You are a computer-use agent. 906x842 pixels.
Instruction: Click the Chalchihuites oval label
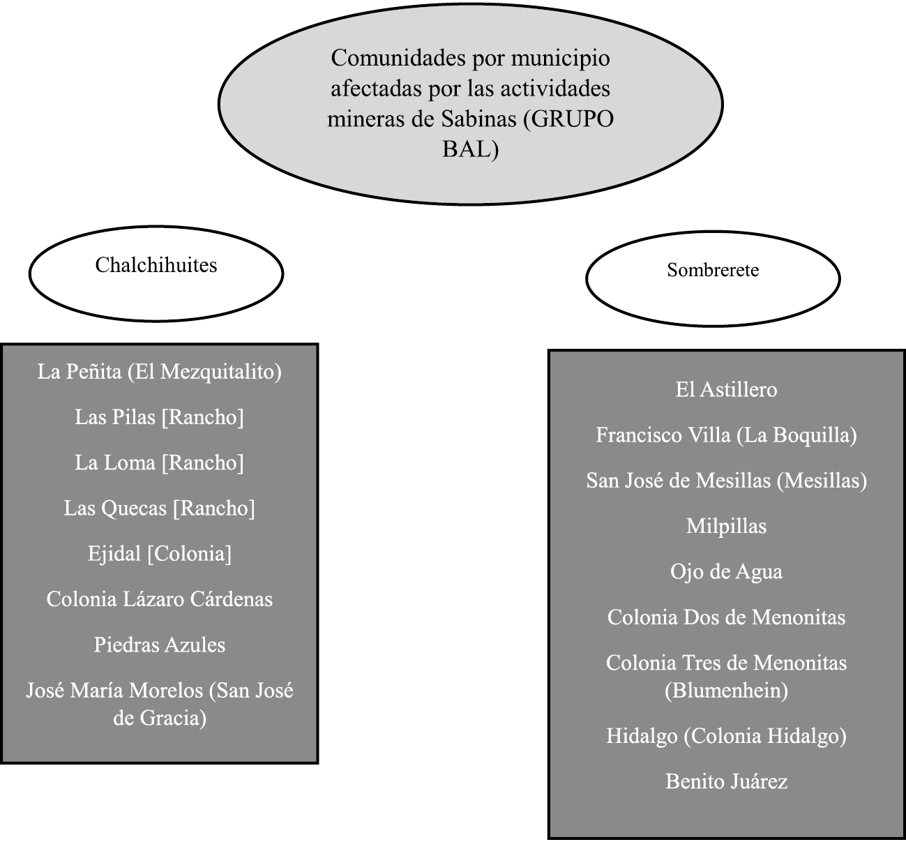[x=156, y=265]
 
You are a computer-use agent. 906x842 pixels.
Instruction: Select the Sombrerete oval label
[x=712, y=270]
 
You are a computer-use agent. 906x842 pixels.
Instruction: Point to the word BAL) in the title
[x=470, y=149]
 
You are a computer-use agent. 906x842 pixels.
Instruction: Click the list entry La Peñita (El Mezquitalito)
[x=159, y=371]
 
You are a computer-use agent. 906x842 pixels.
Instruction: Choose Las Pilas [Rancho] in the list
[x=159, y=417]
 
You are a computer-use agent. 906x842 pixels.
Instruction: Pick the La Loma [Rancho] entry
[x=159, y=463]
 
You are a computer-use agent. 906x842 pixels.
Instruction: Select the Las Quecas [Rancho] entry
[x=159, y=508]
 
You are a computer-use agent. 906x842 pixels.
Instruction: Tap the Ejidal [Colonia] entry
[x=159, y=554]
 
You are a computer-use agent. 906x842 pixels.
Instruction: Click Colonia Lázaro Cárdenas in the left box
[x=159, y=599]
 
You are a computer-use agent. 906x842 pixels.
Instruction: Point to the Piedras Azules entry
[x=159, y=645]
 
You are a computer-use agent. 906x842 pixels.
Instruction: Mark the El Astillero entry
[x=726, y=389]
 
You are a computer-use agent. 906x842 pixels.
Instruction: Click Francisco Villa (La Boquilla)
[x=726, y=435]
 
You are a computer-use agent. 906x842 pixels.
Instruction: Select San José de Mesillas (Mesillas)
[x=726, y=481]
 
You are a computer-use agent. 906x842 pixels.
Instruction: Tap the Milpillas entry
[x=726, y=526]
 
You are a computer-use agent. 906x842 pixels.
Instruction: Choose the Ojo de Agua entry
[x=726, y=572]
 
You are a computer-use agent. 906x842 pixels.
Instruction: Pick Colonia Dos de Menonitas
[x=726, y=617]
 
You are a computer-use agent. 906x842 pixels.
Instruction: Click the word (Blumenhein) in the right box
[x=726, y=691]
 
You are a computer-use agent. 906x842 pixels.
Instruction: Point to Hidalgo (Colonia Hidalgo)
[x=726, y=736]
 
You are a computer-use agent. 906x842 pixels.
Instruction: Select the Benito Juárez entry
[x=726, y=781]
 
